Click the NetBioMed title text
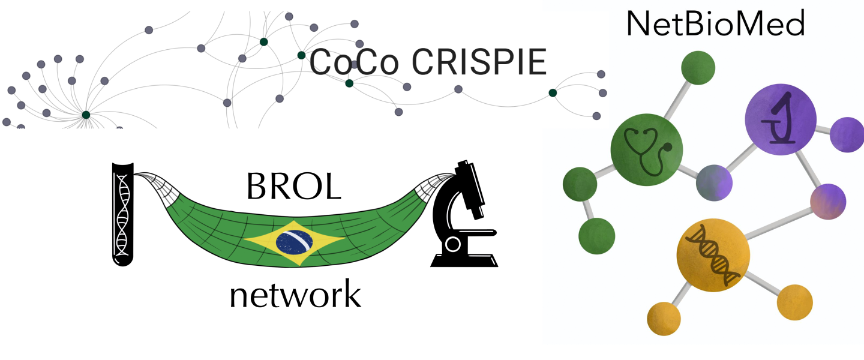point(715,24)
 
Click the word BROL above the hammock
point(293,187)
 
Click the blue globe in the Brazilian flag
point(294,242)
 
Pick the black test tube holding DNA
point(122,214)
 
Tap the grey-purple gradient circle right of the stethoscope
point(715,182)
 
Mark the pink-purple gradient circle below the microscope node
point(827,202)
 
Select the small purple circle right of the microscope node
point(847,135)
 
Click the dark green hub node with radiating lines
point(86,115)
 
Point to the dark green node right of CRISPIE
point(552,93)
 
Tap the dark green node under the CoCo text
point(349,83)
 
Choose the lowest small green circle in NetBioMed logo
point(596,236)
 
